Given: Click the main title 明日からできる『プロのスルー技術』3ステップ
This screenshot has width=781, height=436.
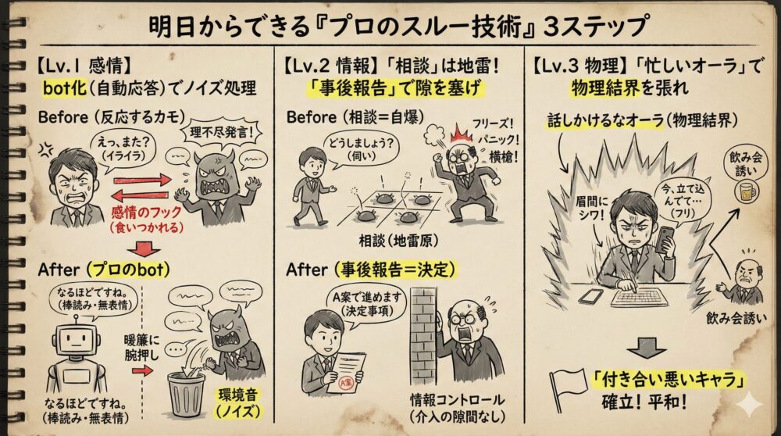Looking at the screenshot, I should point(398,25).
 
